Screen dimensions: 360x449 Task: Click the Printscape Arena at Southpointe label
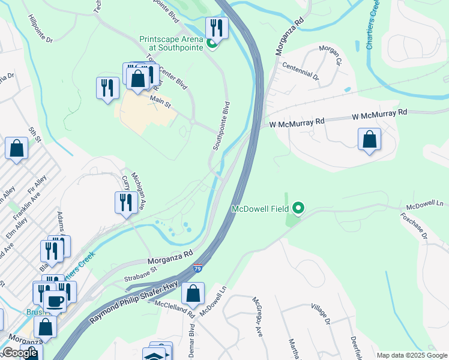173,43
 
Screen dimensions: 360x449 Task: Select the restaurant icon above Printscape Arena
216,28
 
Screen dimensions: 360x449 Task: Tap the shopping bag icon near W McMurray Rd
369,139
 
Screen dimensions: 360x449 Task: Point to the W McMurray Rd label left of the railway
297,122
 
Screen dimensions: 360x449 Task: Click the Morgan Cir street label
331,55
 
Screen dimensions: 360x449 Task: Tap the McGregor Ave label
257,324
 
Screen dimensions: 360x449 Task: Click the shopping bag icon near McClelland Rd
193,294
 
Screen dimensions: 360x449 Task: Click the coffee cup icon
55,301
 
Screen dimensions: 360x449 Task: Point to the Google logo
20,353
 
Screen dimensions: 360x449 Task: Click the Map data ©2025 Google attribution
412,355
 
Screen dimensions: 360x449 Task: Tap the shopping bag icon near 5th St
16,148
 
